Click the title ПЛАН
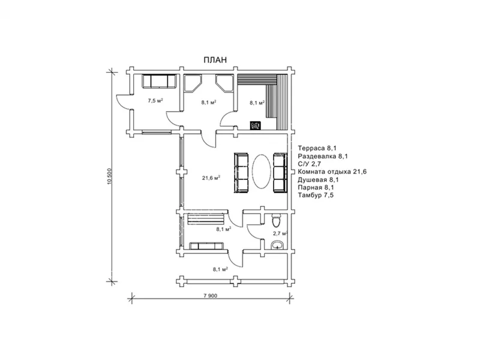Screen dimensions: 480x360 pyautogui.click(x=215, y=60)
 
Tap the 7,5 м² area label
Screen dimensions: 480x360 pyautogui.click(x=155, y=100)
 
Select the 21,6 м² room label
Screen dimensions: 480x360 pyautogui.click(x=211, y=178)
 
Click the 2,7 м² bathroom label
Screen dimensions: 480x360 pyautogui.click(x=280, y=233)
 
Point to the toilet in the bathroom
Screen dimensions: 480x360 pyautogui.click(x=276, y=220)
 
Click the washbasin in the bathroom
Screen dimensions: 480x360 pyautogui.click(x=277, y=245)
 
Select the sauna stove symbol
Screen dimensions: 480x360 pyautogui.click(x=256, y=125)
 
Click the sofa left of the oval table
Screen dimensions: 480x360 pyautogui.click(x=242, y=173)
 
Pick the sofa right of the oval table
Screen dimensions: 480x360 pyautogui.click(x=280, y=173)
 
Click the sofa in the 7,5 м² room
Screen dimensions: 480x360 pyautogui.click(x=159, y=82)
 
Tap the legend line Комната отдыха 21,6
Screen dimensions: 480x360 pyautogui.click(x=332, y=172)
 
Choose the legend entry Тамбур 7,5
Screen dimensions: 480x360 pyautogui.click(x=316, y=195)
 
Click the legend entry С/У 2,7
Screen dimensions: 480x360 pyautogui.click(x=309, y=164)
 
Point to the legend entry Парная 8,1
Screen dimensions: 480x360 pyautogui.click(x=316, y=187)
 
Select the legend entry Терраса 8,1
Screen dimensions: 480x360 pyautogui.click(x=317, y=148)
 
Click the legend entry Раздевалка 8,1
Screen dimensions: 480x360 pyautogui.click(x=323, y=156)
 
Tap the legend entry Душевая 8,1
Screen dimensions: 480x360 pyautogui.click(x=319, y=179)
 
